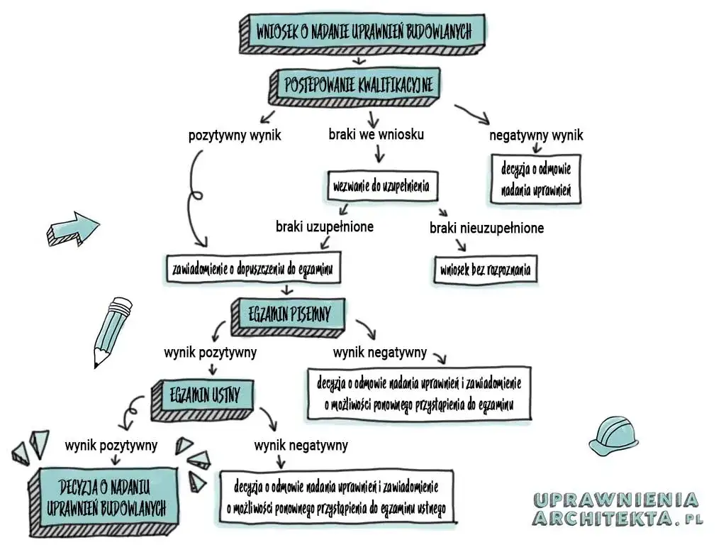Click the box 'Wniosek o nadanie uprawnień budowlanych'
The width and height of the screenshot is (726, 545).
click(x=362, y=31)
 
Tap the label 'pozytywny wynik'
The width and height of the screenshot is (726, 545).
click(x=235, y=135)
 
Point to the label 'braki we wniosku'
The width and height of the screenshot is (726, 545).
click(x=376, y=133)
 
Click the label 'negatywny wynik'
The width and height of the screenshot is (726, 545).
click(x=537, y=135)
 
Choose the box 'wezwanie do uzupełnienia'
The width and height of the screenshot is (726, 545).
click(x=382, y=187)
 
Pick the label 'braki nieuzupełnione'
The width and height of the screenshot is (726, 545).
click(x=486, y=228)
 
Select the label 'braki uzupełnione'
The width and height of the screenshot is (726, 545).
click(x=325, y=226)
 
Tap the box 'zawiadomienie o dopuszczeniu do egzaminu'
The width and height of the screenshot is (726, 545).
click(x=252, y=270)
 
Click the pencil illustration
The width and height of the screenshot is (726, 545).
click(x=111, y=331)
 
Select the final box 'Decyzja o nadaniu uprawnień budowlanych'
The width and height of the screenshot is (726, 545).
click(x=105, y=497)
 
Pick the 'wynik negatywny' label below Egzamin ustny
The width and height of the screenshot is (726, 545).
click(x=301, y=446)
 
